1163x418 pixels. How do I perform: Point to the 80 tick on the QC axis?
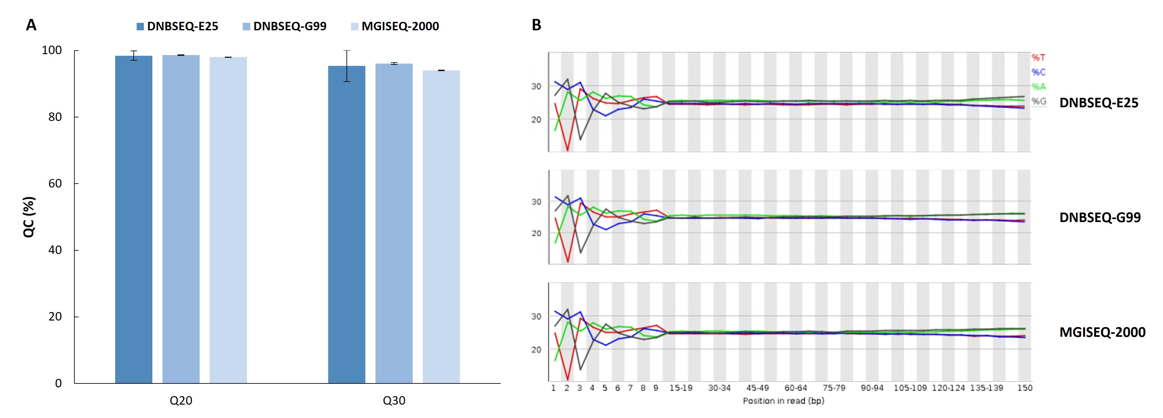pyautogui.click(x=55, y=117)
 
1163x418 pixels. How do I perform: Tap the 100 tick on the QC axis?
pyautogui.click(x=52, y=50)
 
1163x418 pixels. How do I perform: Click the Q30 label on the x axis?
pyautogui.click(x=394, y=400)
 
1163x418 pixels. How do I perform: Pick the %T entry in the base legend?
pyautogui.click(x=1038, y=58)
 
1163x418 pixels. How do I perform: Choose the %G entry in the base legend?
pyautogui.click(x=1038, y=101)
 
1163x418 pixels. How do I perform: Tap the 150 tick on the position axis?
pyautogui.click(x=1024, y=388)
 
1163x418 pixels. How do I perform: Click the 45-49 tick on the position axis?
pyautogui.click(x=757, y=388)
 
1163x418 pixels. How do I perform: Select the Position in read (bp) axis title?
pyautogui.click(x=783, y=401)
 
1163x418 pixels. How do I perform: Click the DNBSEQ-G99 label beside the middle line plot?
pyautogui.click(x=1100, y=217)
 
